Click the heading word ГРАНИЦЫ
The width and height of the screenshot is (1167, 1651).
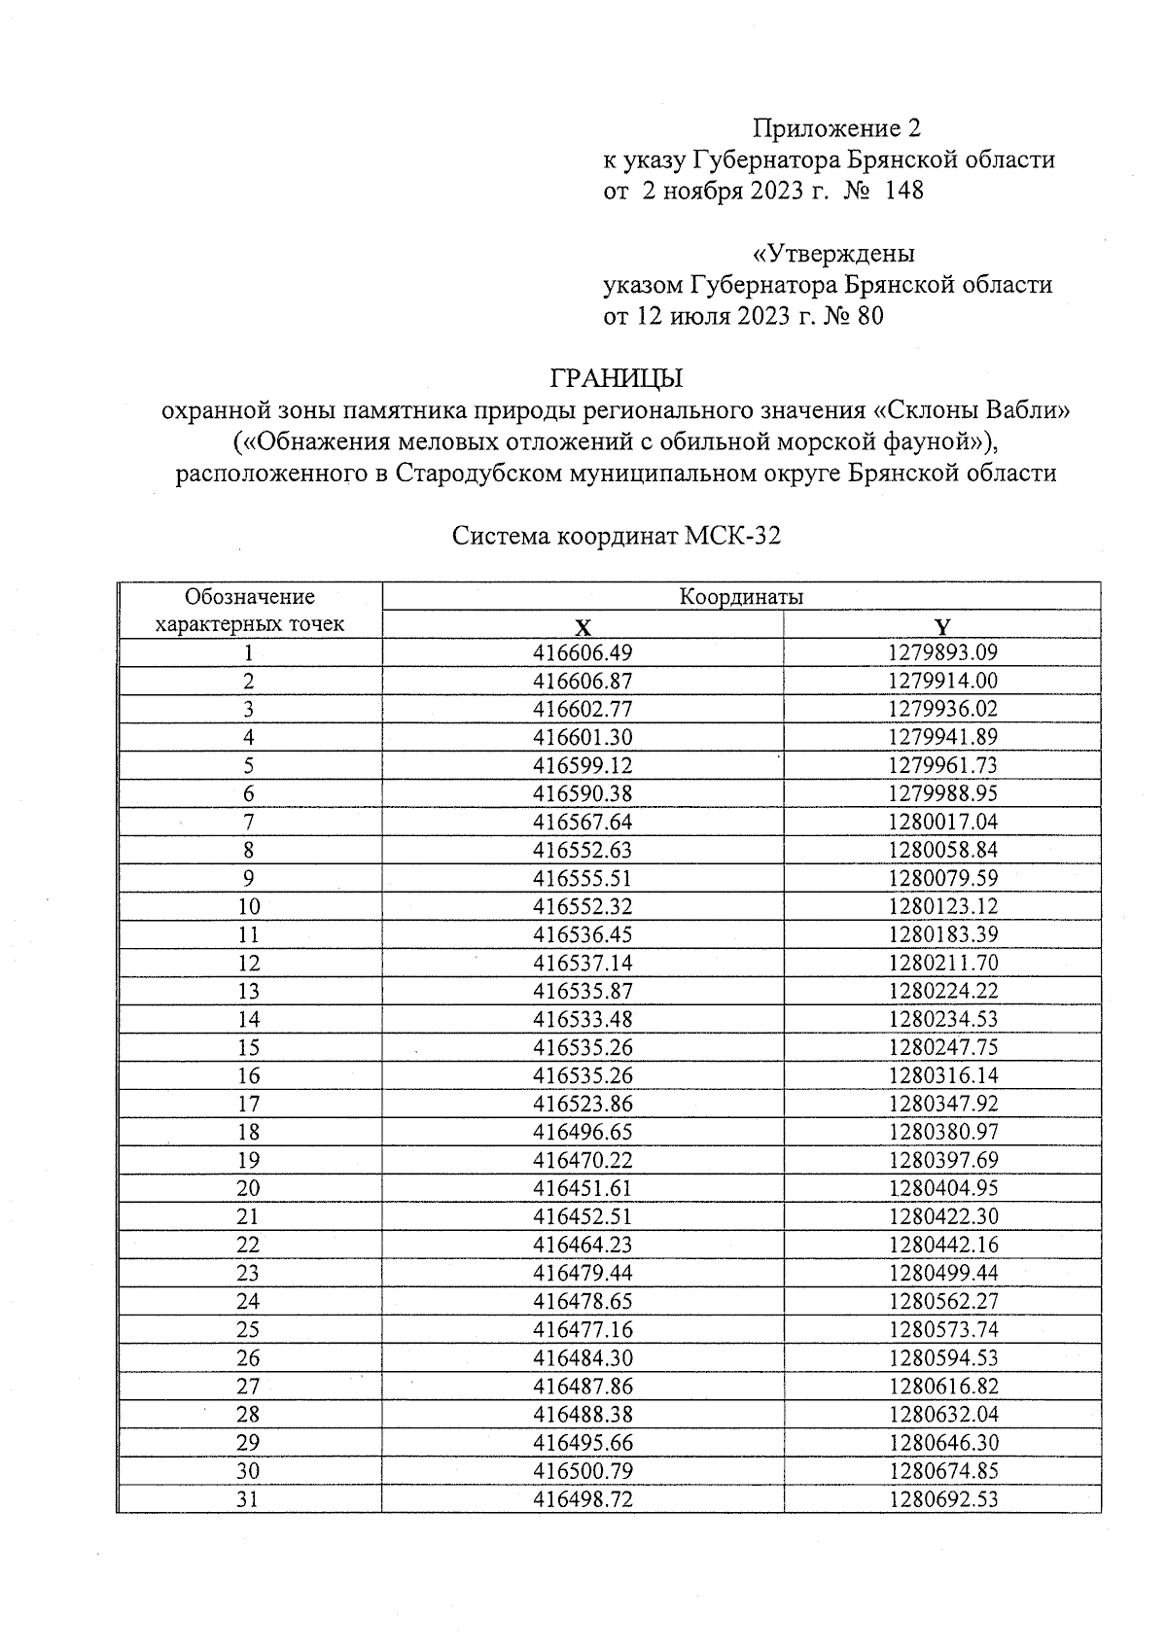[x=617, y=377]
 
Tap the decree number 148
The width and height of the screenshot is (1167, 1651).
[x=903, y=191]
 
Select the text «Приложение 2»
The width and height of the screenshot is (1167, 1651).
[x=836, y=128]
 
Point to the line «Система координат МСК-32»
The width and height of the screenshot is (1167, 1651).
[x=617, y=537]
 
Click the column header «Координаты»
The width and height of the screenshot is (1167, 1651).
[x=741, y=596]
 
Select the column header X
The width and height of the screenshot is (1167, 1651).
[x=583, y=625]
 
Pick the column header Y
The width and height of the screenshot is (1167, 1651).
[x=942, y=625]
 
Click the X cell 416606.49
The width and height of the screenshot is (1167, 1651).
[x=583, y=652]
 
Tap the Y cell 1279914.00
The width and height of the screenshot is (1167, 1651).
[x=942, y=681]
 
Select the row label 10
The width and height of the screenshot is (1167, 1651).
[x=249, y=906]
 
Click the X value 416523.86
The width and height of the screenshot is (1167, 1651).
[x=583, y=1104]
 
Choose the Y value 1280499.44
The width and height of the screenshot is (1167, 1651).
[x=942, y=1273]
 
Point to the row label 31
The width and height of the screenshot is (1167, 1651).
[x=249, y=1498]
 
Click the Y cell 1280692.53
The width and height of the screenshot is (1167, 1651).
[x=942, y=1498]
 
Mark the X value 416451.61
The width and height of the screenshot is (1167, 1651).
[x=583, y=1188]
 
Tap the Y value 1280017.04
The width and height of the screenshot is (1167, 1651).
[x=942, y=822]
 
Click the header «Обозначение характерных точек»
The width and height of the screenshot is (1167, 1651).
[x=250, y=610]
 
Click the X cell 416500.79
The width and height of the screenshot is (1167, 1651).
[x=583, y=1470]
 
